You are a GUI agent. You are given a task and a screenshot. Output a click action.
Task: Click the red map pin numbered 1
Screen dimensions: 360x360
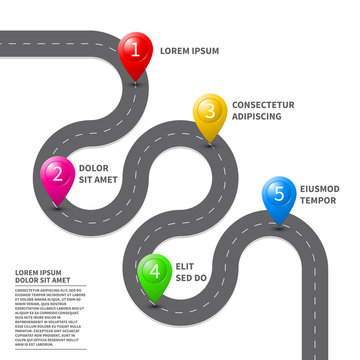click(x=137, y=50)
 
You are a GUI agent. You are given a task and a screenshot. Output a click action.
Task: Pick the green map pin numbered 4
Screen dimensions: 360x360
click(x=154, y=270)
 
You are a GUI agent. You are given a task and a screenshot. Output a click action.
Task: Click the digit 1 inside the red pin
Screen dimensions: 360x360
click(x=137, y=47)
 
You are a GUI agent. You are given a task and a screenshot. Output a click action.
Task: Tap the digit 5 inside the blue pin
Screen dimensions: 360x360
click(x=279, y=190)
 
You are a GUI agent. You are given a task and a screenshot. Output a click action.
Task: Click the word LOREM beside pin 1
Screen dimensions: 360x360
click(x=177, y=50)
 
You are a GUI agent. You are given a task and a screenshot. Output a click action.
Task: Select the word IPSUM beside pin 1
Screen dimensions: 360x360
click(x=207, y=50)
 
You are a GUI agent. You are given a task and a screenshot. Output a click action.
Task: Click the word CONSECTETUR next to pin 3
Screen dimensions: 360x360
click(x=263, y=104)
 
